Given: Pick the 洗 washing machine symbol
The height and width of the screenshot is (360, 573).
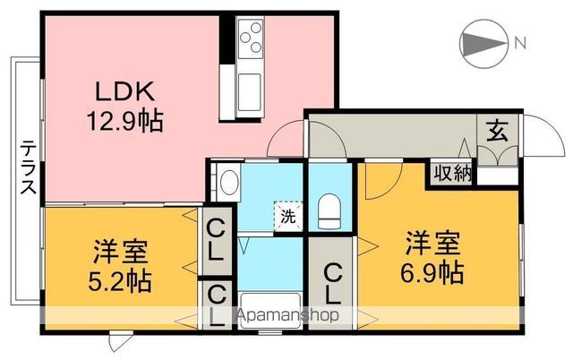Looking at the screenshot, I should pos(288,216).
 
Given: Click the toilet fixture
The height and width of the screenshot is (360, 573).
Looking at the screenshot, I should pos(329,211).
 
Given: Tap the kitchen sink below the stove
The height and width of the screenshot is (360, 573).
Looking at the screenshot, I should pos(250,90).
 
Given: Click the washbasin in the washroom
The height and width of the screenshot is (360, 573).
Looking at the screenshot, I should pos(227,184).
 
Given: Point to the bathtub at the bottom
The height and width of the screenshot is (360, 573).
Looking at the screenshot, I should pos(269,308).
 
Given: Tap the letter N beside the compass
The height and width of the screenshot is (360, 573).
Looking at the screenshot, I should pos(520,41).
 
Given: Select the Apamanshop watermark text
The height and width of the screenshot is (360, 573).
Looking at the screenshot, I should pos(286,315).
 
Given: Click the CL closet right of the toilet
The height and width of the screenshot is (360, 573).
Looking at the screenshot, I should pos(332,281).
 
